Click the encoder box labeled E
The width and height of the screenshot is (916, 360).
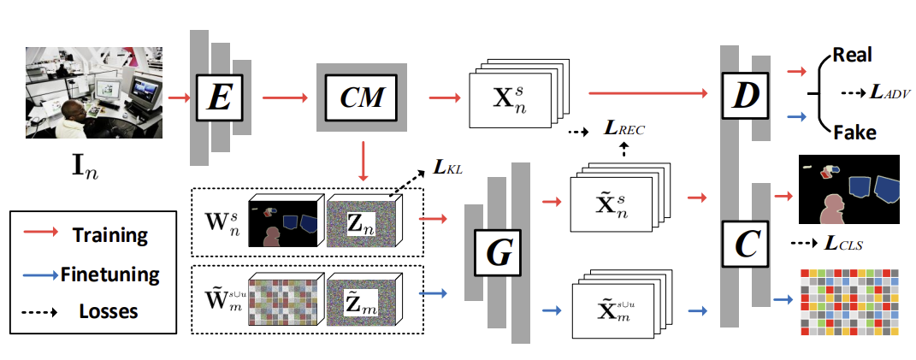(220, 98)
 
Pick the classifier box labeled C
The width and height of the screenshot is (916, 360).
(742, 246)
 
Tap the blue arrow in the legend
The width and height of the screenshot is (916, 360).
(38, 274)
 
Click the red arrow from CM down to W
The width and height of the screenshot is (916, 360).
(367, 162)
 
